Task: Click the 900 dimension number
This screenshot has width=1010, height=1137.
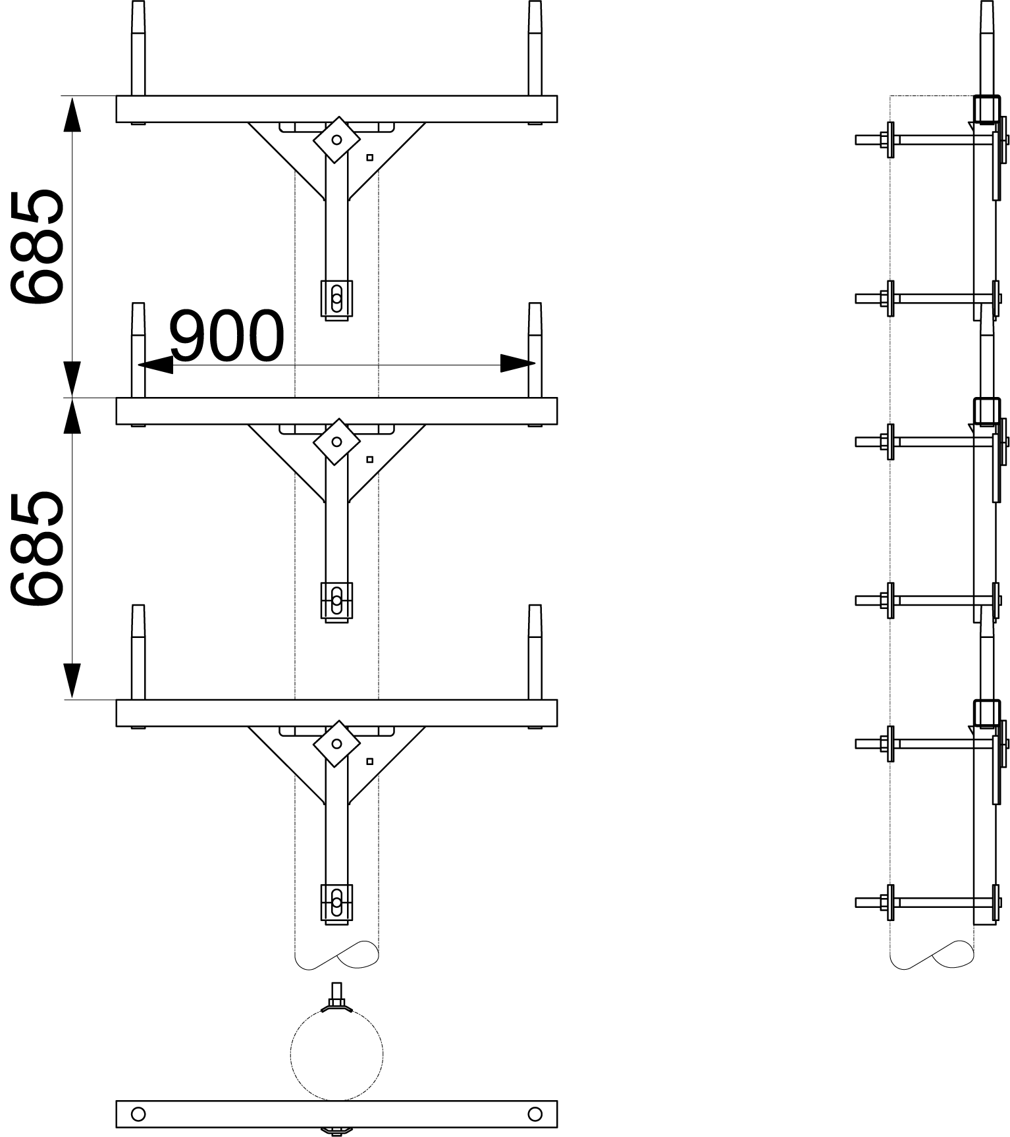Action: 226,336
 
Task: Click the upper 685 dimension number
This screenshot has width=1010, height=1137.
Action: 36,247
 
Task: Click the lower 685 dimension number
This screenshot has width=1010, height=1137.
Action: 36,548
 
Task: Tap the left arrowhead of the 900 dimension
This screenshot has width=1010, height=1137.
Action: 155,363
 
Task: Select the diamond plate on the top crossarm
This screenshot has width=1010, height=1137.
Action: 336,140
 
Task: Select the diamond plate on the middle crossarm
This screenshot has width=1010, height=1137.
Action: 336,442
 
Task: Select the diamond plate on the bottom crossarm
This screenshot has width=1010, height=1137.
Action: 336,744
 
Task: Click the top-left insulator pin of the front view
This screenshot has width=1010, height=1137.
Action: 138,48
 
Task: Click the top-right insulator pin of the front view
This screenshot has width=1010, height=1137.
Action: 535,48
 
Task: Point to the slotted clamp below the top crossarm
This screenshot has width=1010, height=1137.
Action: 336,300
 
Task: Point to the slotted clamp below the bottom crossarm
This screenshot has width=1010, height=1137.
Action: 336,903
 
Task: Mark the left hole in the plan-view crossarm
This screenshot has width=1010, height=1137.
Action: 138,1114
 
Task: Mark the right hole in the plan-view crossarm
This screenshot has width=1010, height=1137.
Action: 535,1114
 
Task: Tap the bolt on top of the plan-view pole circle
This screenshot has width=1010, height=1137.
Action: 336,997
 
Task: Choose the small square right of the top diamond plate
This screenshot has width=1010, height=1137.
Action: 370,157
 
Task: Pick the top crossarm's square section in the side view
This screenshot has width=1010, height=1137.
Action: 986,109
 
